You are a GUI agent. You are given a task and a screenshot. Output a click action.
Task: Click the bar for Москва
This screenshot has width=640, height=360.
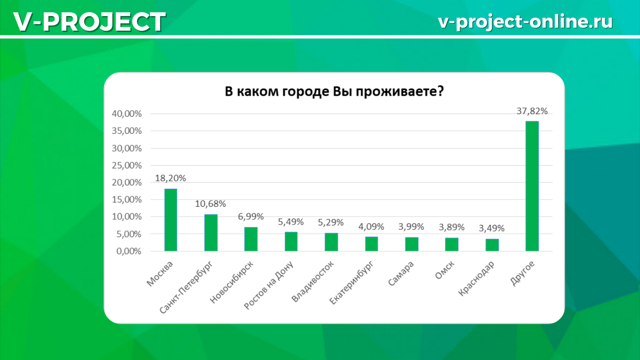coord(171,220)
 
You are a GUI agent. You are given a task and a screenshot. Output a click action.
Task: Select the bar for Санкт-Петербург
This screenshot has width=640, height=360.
coord(211,233)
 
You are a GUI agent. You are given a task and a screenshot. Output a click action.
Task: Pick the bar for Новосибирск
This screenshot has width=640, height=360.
coord(251,239)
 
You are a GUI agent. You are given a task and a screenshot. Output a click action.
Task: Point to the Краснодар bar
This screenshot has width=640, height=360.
coord(492,245)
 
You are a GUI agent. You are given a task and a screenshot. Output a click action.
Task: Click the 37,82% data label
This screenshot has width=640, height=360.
coord(532,111)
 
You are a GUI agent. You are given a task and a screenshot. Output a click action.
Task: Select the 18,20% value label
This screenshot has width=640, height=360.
coord(171,179)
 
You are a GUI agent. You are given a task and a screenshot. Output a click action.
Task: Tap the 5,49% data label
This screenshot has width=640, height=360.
coord(291,222)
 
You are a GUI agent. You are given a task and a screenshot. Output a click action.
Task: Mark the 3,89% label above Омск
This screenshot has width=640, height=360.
coord(452,227)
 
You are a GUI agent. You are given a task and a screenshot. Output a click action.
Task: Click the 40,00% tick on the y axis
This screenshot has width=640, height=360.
coord(127,114)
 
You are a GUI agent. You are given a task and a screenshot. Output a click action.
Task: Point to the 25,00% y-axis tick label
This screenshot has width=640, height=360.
coord(127,165)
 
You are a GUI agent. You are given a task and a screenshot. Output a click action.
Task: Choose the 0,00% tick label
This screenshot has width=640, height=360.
coord(130,251)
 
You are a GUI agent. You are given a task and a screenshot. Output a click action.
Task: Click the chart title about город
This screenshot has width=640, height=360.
coord(334,91)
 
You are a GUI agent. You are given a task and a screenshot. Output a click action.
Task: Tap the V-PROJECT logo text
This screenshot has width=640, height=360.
coord(89,21)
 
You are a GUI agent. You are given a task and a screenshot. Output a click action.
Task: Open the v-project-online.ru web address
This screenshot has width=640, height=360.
coord(525,21)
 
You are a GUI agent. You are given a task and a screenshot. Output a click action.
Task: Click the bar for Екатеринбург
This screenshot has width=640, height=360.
coord(371,244)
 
